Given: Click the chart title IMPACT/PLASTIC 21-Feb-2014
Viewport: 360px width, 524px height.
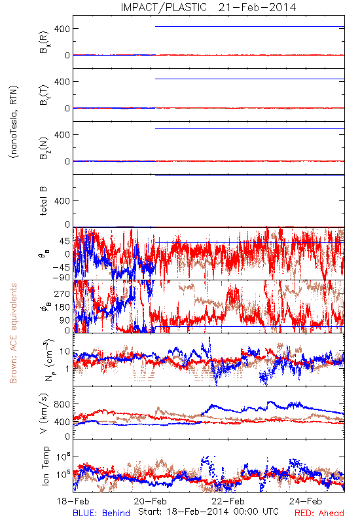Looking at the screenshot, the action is click(208, 7).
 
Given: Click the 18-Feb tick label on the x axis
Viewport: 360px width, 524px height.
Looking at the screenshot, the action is click(73, 501).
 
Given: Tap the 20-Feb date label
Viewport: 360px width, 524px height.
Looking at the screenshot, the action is click(151, 501).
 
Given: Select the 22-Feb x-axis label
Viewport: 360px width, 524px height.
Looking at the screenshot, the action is click(228, 501).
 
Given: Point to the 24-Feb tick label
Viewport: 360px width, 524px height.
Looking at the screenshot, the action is click(306, 501).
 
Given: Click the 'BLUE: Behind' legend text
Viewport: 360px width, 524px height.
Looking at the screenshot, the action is click(101, 513).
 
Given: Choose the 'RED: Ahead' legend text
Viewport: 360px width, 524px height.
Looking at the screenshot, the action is click(319, 513).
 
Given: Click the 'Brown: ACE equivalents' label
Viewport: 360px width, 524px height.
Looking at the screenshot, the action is click(13, 333).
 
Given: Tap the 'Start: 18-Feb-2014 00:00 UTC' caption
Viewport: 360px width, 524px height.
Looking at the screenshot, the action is click(208, 512).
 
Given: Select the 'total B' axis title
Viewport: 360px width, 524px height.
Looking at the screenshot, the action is click(43, 201).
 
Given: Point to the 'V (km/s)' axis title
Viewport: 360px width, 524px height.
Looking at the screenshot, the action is click(44, 413).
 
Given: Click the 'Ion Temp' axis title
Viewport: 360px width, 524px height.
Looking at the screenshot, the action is click(45, 466).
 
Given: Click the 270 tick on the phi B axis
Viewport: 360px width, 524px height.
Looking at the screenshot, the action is click(62, 293).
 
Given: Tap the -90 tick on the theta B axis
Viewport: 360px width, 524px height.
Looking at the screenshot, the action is click(62, 277).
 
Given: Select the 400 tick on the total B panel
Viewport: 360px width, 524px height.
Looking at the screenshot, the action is click(62, 201).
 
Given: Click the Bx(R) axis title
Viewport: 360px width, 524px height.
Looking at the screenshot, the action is click(44, 42).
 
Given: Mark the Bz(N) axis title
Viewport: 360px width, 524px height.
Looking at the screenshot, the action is click(44, 148).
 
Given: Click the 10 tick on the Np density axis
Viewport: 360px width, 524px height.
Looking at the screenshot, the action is click(65, 351).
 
